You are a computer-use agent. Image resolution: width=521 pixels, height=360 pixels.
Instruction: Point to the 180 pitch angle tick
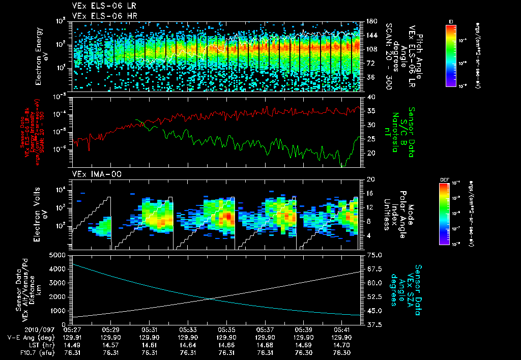[x=371, y=21]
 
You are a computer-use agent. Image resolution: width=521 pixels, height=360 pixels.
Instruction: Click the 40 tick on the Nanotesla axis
[x=371, y=97]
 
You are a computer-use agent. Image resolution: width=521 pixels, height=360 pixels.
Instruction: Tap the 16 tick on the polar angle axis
[x=370, y=193]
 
